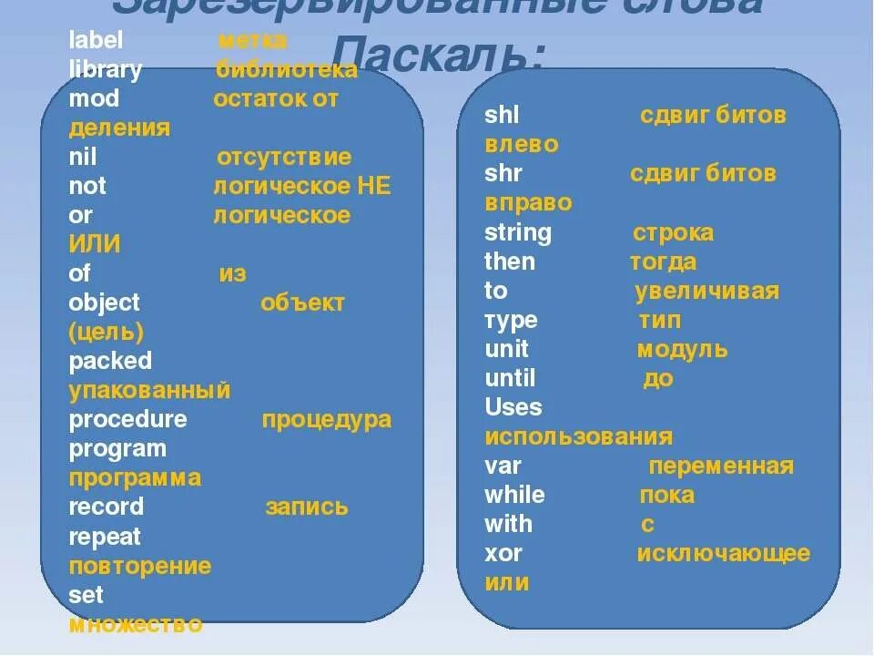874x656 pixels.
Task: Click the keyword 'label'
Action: click(x=96, y=41)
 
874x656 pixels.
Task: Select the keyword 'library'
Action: click(x=105, y=70)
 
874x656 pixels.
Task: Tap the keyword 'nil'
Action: click(x=82, y=157)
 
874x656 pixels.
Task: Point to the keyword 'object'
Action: click(x=104, y=302)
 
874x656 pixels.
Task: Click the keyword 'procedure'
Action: click(x=127, y=419)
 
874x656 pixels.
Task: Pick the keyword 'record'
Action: click(x=106, y=507)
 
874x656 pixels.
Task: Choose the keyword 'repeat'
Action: click(x=105, y=537)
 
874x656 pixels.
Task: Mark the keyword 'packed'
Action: click(x=110, y=361)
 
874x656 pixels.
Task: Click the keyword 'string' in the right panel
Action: click(x=517, y=233)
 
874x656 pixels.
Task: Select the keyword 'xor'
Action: click(x=503, y=553)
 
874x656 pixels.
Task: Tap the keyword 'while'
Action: click(x=514, y=495)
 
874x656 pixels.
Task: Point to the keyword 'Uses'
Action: click(x=513, y=407)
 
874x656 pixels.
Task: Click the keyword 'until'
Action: click(x=510, y=378)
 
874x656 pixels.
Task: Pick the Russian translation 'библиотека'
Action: click(x=287, y=70)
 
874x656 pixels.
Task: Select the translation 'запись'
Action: click(x=306, y=507)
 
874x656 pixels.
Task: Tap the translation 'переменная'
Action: click(x=720, y=466)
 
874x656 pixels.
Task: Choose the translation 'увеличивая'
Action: click(x=706, y=292)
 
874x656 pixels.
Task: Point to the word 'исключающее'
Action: click(x=723, y=553)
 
